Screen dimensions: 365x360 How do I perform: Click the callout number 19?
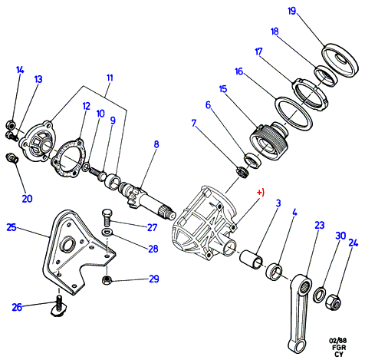pyautogui.click(x=291, y=11)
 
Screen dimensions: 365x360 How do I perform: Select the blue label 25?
pyautogui.click(x=12, y=227)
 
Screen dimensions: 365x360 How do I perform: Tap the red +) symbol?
pyautogui.click(x=261, y=192)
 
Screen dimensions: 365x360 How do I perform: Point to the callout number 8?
pyautogui.click(x=156, y=144)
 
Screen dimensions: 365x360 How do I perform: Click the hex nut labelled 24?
pyautogui.click(x=334, y=302)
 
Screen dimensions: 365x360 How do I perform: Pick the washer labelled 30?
pyautogui.click(x=320, y=295)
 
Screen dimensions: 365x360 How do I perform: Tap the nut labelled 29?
pyautogui.click(x=107, y=280)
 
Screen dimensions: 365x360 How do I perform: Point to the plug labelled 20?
pyautogui.click(x=12, y=158)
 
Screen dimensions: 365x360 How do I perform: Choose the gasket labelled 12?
pyautogui.click(x=67, y=158)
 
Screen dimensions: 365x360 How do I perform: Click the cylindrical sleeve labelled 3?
pyautogui.click(x=251, y=260)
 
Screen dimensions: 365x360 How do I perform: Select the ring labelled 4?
pyautogui.click(x=274, y=272)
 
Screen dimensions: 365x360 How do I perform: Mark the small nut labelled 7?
pyautogui.click(x=242, y=172)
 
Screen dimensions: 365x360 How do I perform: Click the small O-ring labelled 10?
pyautogui.click(x=86, y=167)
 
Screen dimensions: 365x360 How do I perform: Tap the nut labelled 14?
pyautogui.click(x=10, y=125)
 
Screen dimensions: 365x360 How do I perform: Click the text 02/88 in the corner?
pyautogui.click(x=337, y=341)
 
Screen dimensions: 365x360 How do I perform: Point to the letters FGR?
pyautogui.click(x=339, y=348)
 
